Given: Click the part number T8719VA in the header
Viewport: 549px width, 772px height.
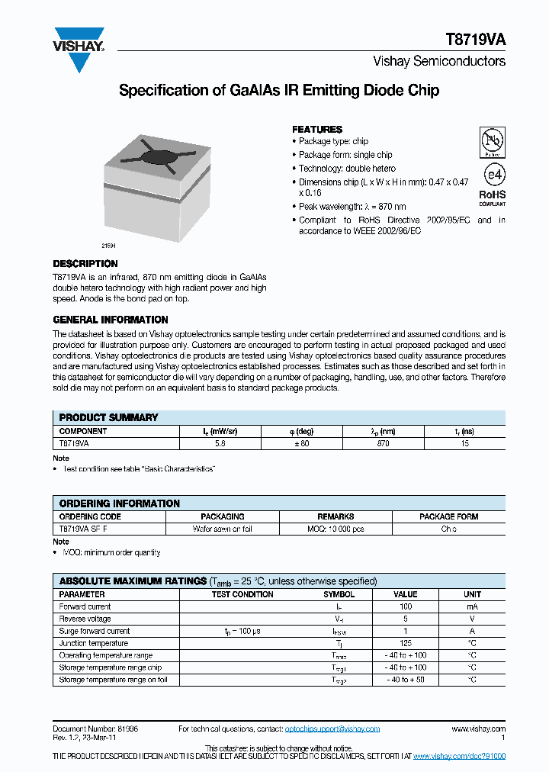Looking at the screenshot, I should pyautogui.click(x=475, y=40).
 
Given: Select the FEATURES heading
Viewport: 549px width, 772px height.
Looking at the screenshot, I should pyautogui.click(x=317, y=129).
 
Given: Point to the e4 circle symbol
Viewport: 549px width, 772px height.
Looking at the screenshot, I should pyautogui.click(x=493, y=175).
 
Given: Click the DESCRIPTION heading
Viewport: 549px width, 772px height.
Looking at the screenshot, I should pyautogui.click(x=85, y=263).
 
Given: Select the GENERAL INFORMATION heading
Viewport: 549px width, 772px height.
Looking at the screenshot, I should pyautogui.click(x=111, y=320).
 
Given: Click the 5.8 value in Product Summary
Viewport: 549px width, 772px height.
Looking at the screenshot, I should pyautogui.click(x=220, y=443).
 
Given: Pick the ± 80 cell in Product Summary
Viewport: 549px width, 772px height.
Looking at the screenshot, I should pyautogui.click(x=301, y=443).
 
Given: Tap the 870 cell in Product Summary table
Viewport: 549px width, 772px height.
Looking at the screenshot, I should pyautogui.click(x=383, y=443).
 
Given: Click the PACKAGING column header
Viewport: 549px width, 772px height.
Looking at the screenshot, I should pyautogui.click(x=223, y=516).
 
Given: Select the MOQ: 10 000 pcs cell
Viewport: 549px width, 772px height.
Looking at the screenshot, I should pyautogui.click(x=335, y=529).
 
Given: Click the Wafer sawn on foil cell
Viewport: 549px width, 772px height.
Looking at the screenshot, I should pyautogui.click(x=223, y=529).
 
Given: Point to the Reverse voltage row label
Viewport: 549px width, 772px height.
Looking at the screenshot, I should pyautogui.click(x=85, y=619).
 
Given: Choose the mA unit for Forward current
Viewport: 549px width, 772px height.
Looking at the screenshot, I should pyautogui.click(x=472, y=606).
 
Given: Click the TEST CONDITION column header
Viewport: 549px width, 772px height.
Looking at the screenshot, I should pyautogui.click(x=242, y=594).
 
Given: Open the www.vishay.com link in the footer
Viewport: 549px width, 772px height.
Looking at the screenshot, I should pyautogui.click(x=478, y=729).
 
